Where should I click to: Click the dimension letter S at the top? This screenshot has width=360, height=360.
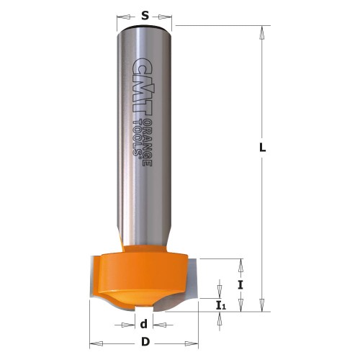[x=145, y=14]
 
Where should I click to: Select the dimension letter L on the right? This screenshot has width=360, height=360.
[x=264, y=148]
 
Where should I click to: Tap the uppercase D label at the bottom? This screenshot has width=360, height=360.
[x=145, y=341]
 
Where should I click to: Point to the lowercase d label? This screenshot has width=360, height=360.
[x=145, y=324]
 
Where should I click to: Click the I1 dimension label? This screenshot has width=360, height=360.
[x=220, y=305]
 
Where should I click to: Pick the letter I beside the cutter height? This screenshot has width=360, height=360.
[x=240, y=284]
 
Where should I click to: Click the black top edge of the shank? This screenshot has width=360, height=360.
[x=145, y=27]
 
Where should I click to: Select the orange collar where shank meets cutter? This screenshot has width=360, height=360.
[x=144, y=250]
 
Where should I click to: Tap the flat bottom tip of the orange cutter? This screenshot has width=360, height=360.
[x=144, y=308]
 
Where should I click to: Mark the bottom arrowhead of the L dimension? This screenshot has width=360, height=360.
[x=264, y=306]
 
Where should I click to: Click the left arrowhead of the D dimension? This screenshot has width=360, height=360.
[x=94, y=341]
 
